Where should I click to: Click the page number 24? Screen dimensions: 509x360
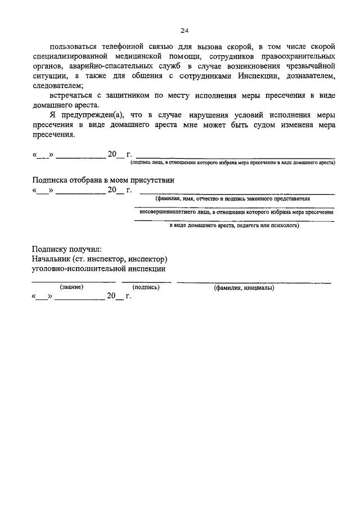[184, 30]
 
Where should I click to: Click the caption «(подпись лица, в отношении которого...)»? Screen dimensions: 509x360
[232, 162]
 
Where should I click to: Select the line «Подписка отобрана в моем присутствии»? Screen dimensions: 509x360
[103, 181]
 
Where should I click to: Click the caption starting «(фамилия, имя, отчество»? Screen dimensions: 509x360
[233, 199]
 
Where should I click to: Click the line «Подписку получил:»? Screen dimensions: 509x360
[67, 249]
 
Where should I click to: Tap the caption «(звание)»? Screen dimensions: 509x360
[71, 287]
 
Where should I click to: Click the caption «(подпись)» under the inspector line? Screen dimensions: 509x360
[146, 287]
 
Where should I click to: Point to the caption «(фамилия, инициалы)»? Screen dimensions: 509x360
[244, 288]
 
